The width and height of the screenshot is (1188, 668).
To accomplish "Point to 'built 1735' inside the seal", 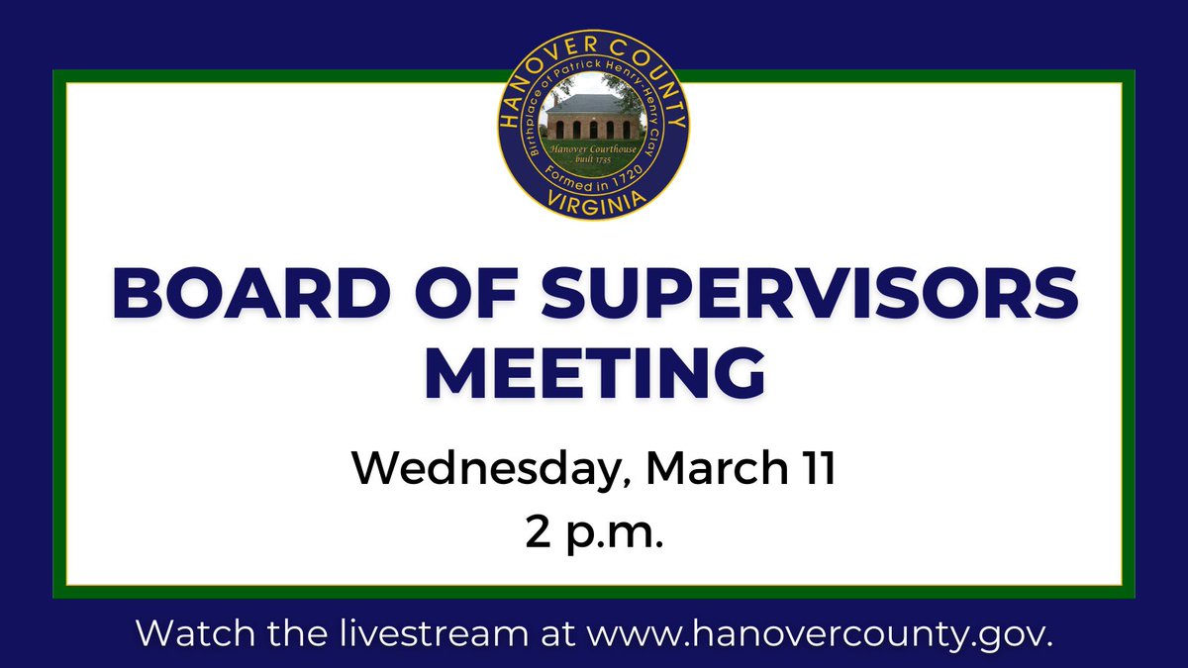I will click(x=596, y=158).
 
